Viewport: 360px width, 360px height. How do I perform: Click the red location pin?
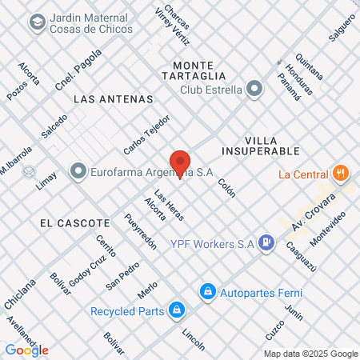(180, 163)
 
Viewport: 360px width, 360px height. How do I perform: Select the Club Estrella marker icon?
(254, 89)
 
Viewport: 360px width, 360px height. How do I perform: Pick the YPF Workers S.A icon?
(268, 241)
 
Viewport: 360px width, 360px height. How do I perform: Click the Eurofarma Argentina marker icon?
(78, 170)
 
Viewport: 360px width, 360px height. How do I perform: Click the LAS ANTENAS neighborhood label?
(113, 99)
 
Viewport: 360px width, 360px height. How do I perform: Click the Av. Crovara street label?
(309, 217)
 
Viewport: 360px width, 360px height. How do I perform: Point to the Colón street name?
(226, 187)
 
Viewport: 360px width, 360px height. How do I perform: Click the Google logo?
(26, 350)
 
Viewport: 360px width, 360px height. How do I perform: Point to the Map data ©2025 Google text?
(311, 354)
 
